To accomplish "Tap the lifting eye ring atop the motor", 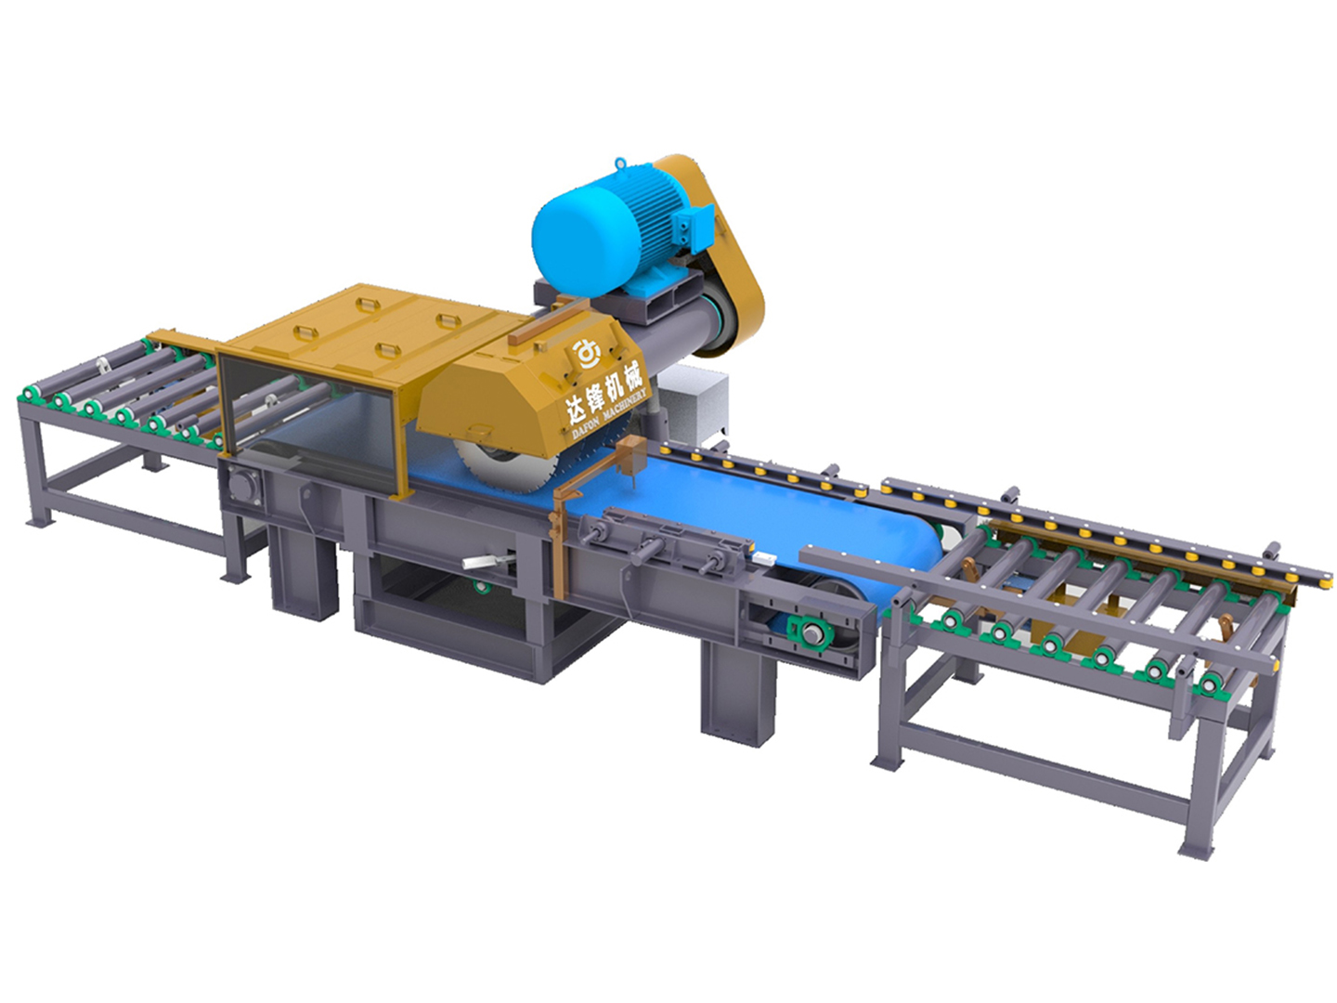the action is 620,163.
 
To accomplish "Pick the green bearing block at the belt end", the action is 811,633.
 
